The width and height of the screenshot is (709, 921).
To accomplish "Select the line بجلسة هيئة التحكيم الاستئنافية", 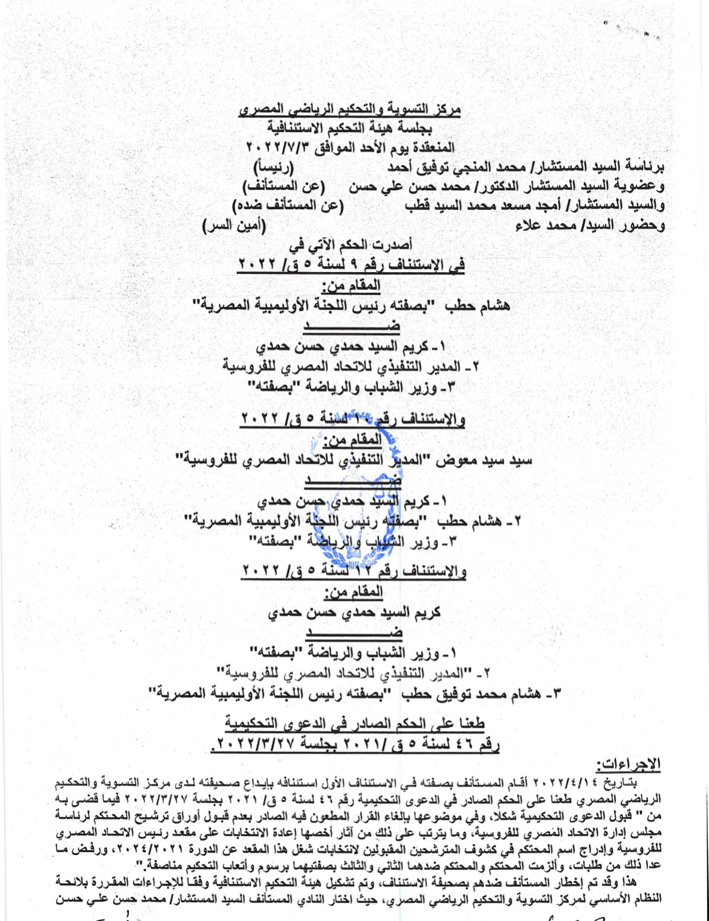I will click(x=350, y=128).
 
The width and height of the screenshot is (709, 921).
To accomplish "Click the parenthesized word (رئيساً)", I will click(x=273, y=166).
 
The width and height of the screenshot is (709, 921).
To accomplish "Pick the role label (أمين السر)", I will click(x=234, y=226).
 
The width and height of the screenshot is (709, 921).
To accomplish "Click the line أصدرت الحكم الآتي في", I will click(x=350, y=244).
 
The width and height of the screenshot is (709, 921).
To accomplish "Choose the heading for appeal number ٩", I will click(x=350, y=264).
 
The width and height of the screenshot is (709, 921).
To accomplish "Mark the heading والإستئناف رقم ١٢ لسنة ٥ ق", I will click(x=354, y=571).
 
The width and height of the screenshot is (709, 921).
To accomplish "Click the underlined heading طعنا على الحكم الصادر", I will click(x=354, y=723).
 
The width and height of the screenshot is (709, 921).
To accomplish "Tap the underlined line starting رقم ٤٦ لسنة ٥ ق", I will click(x=354, y=743).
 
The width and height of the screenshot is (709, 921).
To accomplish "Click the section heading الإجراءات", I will click(x=628, y=764).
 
